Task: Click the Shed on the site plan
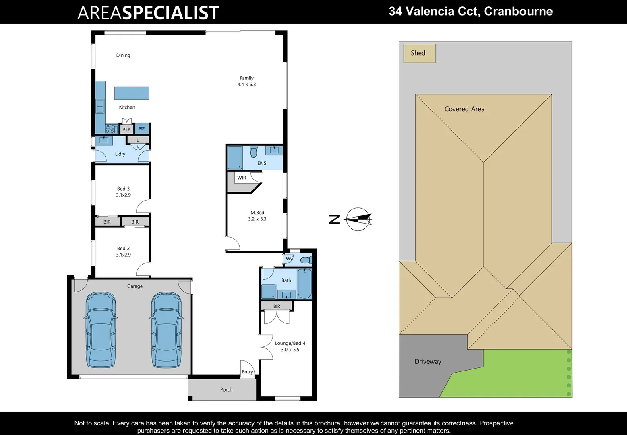[419, 53]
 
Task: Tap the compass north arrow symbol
[358, 220]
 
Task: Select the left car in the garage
[101, 329]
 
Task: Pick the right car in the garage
[166, 329]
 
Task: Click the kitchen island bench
[132, 93]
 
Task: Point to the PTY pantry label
[126, 130]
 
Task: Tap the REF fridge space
[142, 128]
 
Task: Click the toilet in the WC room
[306, 260]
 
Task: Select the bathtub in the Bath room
[304, 284]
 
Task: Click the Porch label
[226, 389]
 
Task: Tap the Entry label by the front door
[247, 372]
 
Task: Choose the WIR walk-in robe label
[242, 178]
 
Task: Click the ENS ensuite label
[262, 163]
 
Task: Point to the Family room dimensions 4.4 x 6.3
[246, 85]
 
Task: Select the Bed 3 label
[123, 188]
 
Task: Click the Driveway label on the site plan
[428, 361]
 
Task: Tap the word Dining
[123, 56]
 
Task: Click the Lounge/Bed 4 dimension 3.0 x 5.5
[290, 350]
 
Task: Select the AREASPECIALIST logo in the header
[148, 12]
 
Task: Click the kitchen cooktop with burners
[111, 129]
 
